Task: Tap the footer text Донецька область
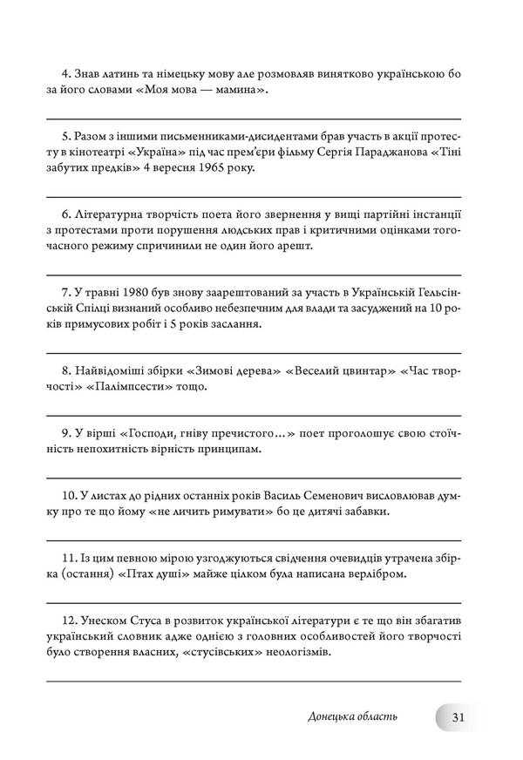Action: (352, 716)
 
